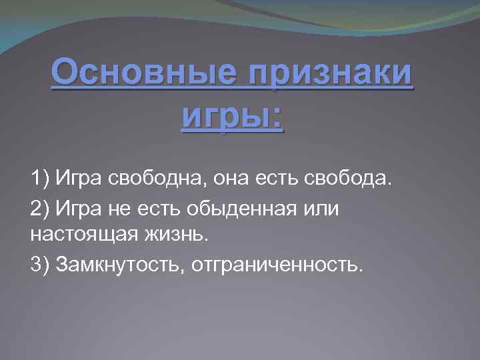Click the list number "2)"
41,209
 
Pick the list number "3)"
41,265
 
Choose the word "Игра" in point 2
77,209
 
